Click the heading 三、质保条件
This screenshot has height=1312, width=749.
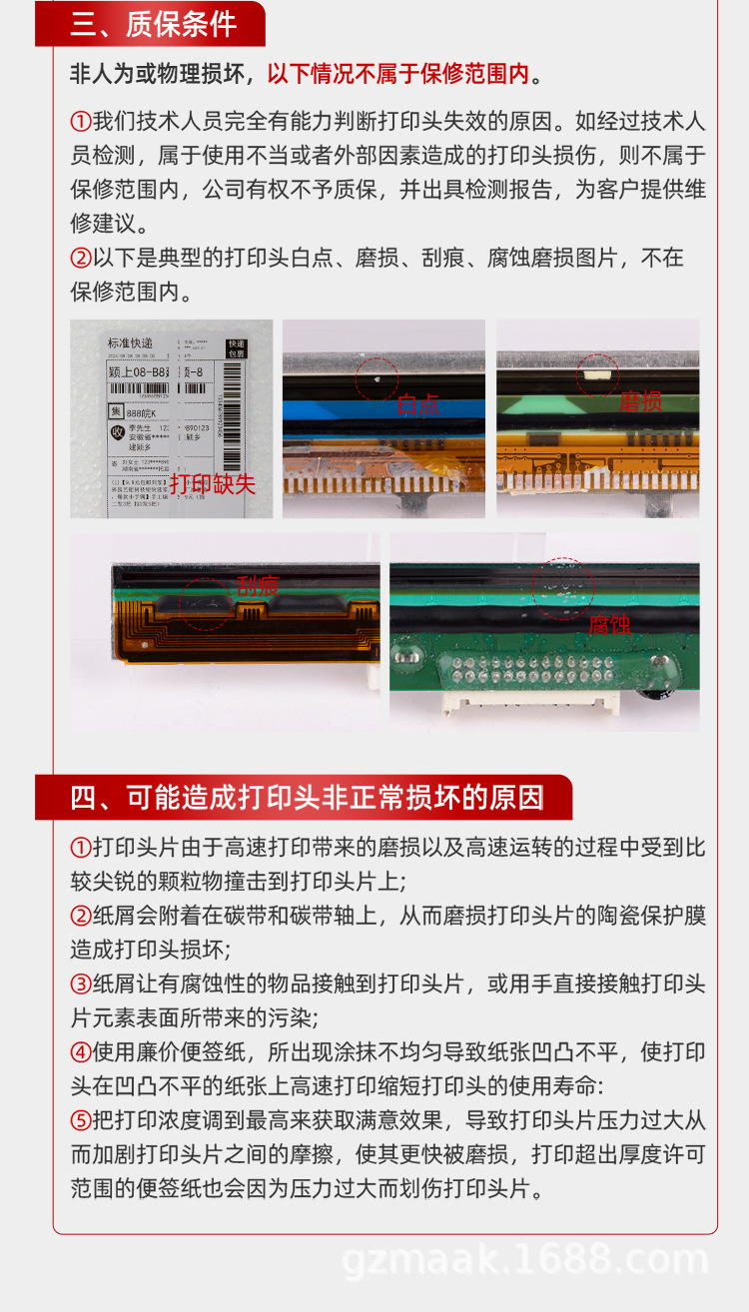pyautogui.click(x=153, y=24)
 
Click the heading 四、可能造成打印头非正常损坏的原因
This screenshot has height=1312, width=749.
pyautogui.click(x=307, y=798)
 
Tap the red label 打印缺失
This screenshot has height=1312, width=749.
pyautogui.click(x=212, y=484)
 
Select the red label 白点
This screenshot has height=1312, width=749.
pyautogui.click(x=418, y=404)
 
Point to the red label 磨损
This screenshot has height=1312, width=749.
pyautogui.click(x=641, y=401)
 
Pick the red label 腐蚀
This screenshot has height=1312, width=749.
pyautogui.click(x=609, y=624)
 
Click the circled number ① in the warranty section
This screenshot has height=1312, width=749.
pyautogui.click(x=81, y=123)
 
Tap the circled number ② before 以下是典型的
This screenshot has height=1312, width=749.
pyautogui.click(x=81, y=259)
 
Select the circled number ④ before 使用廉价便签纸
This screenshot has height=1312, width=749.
pyautogui.click(x=81, y=1052)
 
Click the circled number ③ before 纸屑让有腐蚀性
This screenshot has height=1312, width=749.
pyautogui.click(x=81, y=984)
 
